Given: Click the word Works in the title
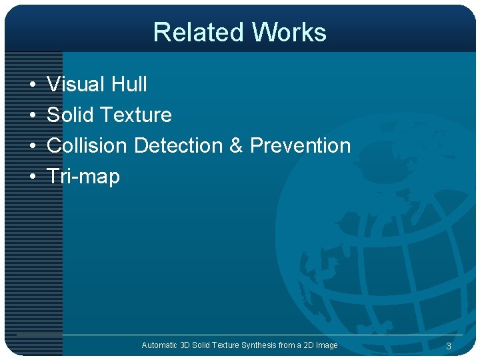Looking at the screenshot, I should (289, 32).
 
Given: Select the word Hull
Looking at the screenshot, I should (129, 85).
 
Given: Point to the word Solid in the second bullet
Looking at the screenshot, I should (70, 115).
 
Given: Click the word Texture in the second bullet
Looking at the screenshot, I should (135, 115).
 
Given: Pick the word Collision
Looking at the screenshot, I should (87, 146).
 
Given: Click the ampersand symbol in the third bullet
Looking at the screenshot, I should (236, 146).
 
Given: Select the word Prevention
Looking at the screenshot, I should (300, 146).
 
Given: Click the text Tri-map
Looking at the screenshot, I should (83, 177).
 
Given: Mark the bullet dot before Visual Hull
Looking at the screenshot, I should (32, 85).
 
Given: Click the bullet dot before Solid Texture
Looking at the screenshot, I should (32, 116).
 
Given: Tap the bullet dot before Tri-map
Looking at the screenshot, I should (32, 177).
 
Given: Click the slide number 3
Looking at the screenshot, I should (449, 346).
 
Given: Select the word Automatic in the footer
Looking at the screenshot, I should (160, 345).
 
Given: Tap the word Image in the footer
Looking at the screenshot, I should (327, 345).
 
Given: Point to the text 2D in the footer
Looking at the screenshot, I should (307, 345).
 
